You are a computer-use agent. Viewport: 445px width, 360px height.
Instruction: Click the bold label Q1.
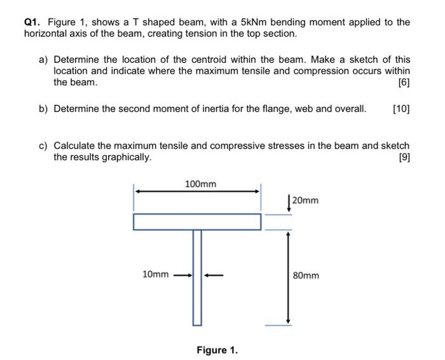click(32, 22)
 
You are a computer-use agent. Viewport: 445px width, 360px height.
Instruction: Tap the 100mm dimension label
click(200, 184)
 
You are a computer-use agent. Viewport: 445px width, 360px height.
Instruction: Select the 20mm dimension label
click(306, 201)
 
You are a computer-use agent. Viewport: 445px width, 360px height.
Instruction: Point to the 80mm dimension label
click(306, 275)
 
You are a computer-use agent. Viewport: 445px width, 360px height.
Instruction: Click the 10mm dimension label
click(156, 275)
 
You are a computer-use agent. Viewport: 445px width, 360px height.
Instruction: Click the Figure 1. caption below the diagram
click(217, 350)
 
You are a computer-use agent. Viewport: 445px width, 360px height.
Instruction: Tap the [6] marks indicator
click(403, 83)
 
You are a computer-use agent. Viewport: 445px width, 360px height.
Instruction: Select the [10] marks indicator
click(400, 109)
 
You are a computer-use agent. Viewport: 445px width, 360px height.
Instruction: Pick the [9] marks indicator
click(403, 157)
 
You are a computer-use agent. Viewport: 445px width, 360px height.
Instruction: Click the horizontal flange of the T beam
click(197, 222)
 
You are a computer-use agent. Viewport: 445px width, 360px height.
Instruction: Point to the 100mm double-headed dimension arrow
click(197, 190)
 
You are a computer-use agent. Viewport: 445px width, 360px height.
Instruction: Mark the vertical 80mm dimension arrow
click(288, 277)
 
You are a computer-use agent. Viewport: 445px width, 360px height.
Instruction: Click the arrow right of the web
click(214, 275)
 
